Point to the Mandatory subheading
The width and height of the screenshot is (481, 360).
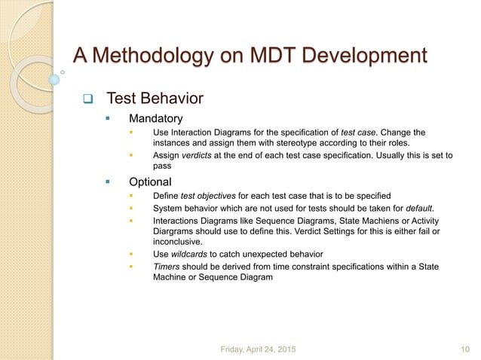click(155, 118)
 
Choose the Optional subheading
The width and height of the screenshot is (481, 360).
click(150, 182)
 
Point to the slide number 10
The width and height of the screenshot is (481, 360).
click(464, 347)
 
